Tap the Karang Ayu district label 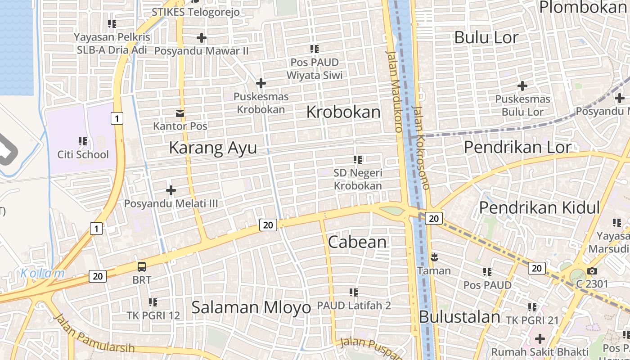213,148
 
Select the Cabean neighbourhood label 357,242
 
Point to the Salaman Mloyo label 251,308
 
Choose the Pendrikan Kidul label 539,207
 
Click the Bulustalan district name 459,317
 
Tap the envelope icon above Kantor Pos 180,113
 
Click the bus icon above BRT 142,267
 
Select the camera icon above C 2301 592,271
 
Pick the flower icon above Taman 434,258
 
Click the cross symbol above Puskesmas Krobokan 261,83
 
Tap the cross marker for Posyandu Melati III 171,190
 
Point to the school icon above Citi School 83,141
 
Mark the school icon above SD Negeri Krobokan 358,159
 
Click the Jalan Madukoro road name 394,90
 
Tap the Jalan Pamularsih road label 94,333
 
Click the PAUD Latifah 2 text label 354,306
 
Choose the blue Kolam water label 42,273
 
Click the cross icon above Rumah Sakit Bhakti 540,338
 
